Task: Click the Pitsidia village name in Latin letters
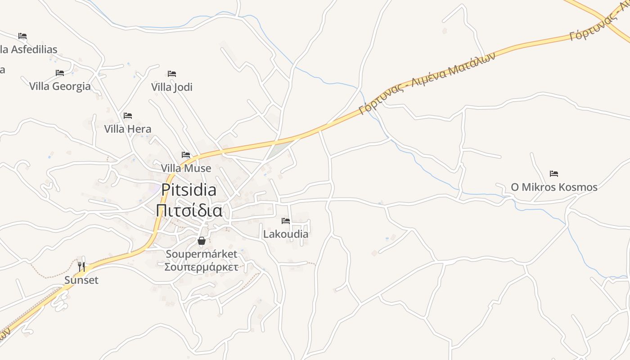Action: pos(189,190)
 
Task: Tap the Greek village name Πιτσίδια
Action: pos(189,210)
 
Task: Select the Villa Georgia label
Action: pos(60,86)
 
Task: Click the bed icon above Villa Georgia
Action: pos(60,73)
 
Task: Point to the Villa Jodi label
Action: pos(171,87)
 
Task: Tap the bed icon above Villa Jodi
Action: pos(171,73)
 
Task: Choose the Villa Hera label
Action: pos(128,129)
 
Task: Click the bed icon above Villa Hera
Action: pos(128,116)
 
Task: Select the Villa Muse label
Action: pos(186,168)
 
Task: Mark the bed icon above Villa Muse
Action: pos(186,155)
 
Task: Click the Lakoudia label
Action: pos(286,234)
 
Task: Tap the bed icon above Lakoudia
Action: pos(286,221)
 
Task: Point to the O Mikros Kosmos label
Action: pos(554,187)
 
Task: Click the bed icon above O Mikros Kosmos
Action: pos(554,174)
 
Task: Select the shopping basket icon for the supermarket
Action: pos(201,241)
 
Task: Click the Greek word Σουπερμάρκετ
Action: pos(201,266)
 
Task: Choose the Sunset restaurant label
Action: pos(81,280)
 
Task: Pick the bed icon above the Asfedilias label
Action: pos(22,36)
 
